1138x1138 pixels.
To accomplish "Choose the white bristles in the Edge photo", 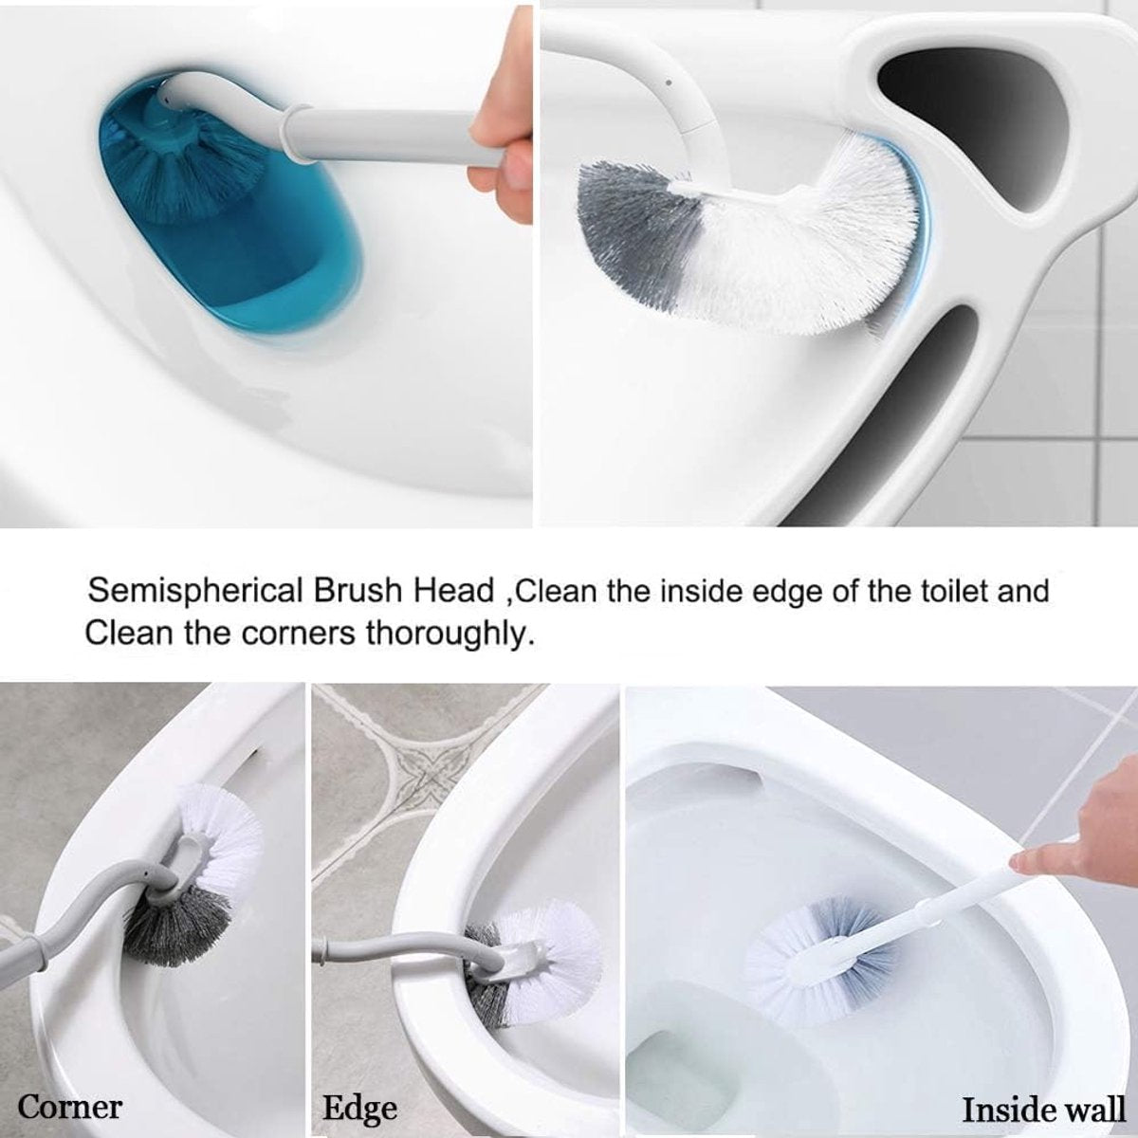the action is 552,945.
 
